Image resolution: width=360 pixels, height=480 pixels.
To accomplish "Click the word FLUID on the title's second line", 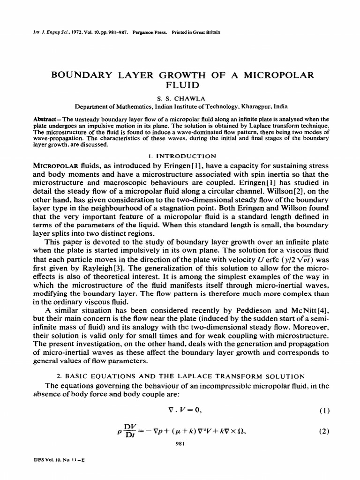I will coord(180,85).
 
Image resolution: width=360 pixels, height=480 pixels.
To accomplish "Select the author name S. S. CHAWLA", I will coord(180,98).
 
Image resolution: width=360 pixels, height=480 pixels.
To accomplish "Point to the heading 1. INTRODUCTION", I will coord(180,156).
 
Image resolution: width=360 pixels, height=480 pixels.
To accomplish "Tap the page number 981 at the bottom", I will coord(180,444).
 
